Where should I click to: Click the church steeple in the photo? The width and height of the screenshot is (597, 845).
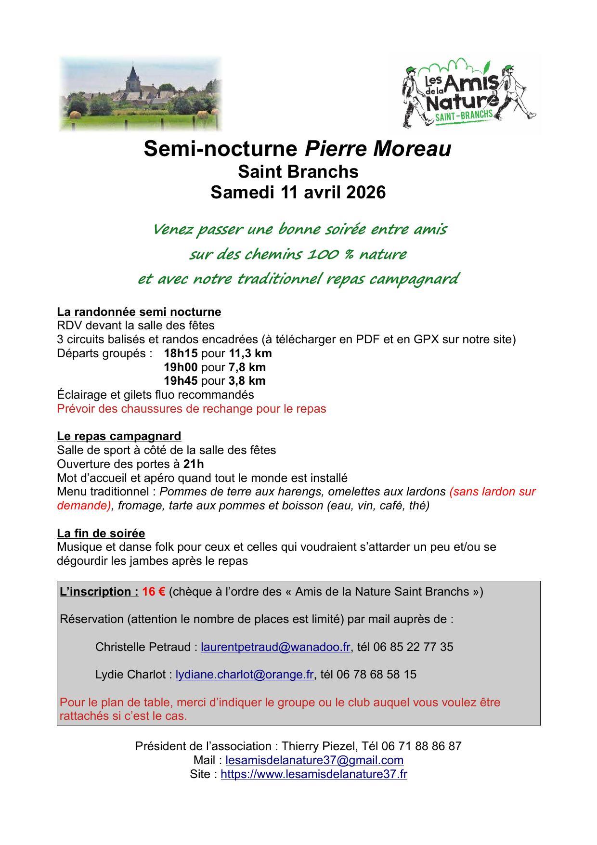[x=133, y=75]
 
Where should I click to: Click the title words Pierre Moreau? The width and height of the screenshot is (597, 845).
[x=377, y=149]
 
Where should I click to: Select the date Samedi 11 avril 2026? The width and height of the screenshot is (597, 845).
[x=298, y=192]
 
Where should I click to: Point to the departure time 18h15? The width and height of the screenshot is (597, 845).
[x=181, y=353]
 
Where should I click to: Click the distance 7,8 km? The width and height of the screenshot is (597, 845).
[x=247, y=367]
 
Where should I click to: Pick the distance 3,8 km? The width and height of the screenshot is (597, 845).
[x=247, y=381]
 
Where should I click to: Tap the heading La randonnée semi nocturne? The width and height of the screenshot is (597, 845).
[x=139, y=312]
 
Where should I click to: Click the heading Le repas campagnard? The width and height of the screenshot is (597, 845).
[x=119, y=436]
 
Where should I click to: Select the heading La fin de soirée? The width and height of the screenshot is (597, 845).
[x=101, y=533]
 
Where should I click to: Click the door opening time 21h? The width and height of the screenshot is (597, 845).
[x=194, y=464]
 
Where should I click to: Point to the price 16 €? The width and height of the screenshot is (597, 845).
[x=154, y=592]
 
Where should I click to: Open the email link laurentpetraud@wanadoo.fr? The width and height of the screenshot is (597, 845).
[x=275, y=647]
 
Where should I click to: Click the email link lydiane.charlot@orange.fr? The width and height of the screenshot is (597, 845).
[x=245, y=675]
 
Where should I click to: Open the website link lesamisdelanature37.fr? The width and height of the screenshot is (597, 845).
[x=314, y=775]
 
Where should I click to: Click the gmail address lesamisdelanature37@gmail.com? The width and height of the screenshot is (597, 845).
[x=314, y=761]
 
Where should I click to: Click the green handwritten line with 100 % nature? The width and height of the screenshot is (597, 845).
[x=298, y=254]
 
